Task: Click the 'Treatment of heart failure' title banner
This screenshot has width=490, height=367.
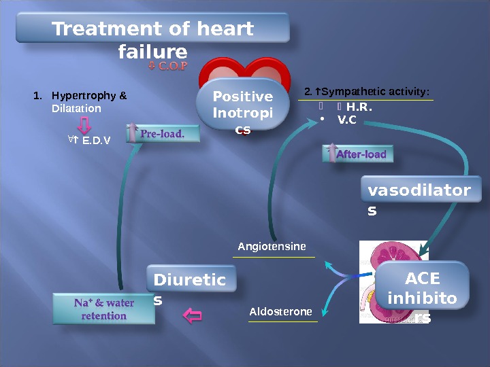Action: tap(152, 30)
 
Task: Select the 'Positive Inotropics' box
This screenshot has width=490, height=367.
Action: tap(242, 109)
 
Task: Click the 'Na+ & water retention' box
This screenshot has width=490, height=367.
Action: tap(104, 309)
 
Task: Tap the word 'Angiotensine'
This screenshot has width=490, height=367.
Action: tap(272, 246)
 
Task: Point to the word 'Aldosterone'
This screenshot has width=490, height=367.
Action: tap(280, 311)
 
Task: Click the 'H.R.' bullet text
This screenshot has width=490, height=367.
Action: tap(359, 107)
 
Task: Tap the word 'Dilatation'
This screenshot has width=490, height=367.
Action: tap(76, 109)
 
